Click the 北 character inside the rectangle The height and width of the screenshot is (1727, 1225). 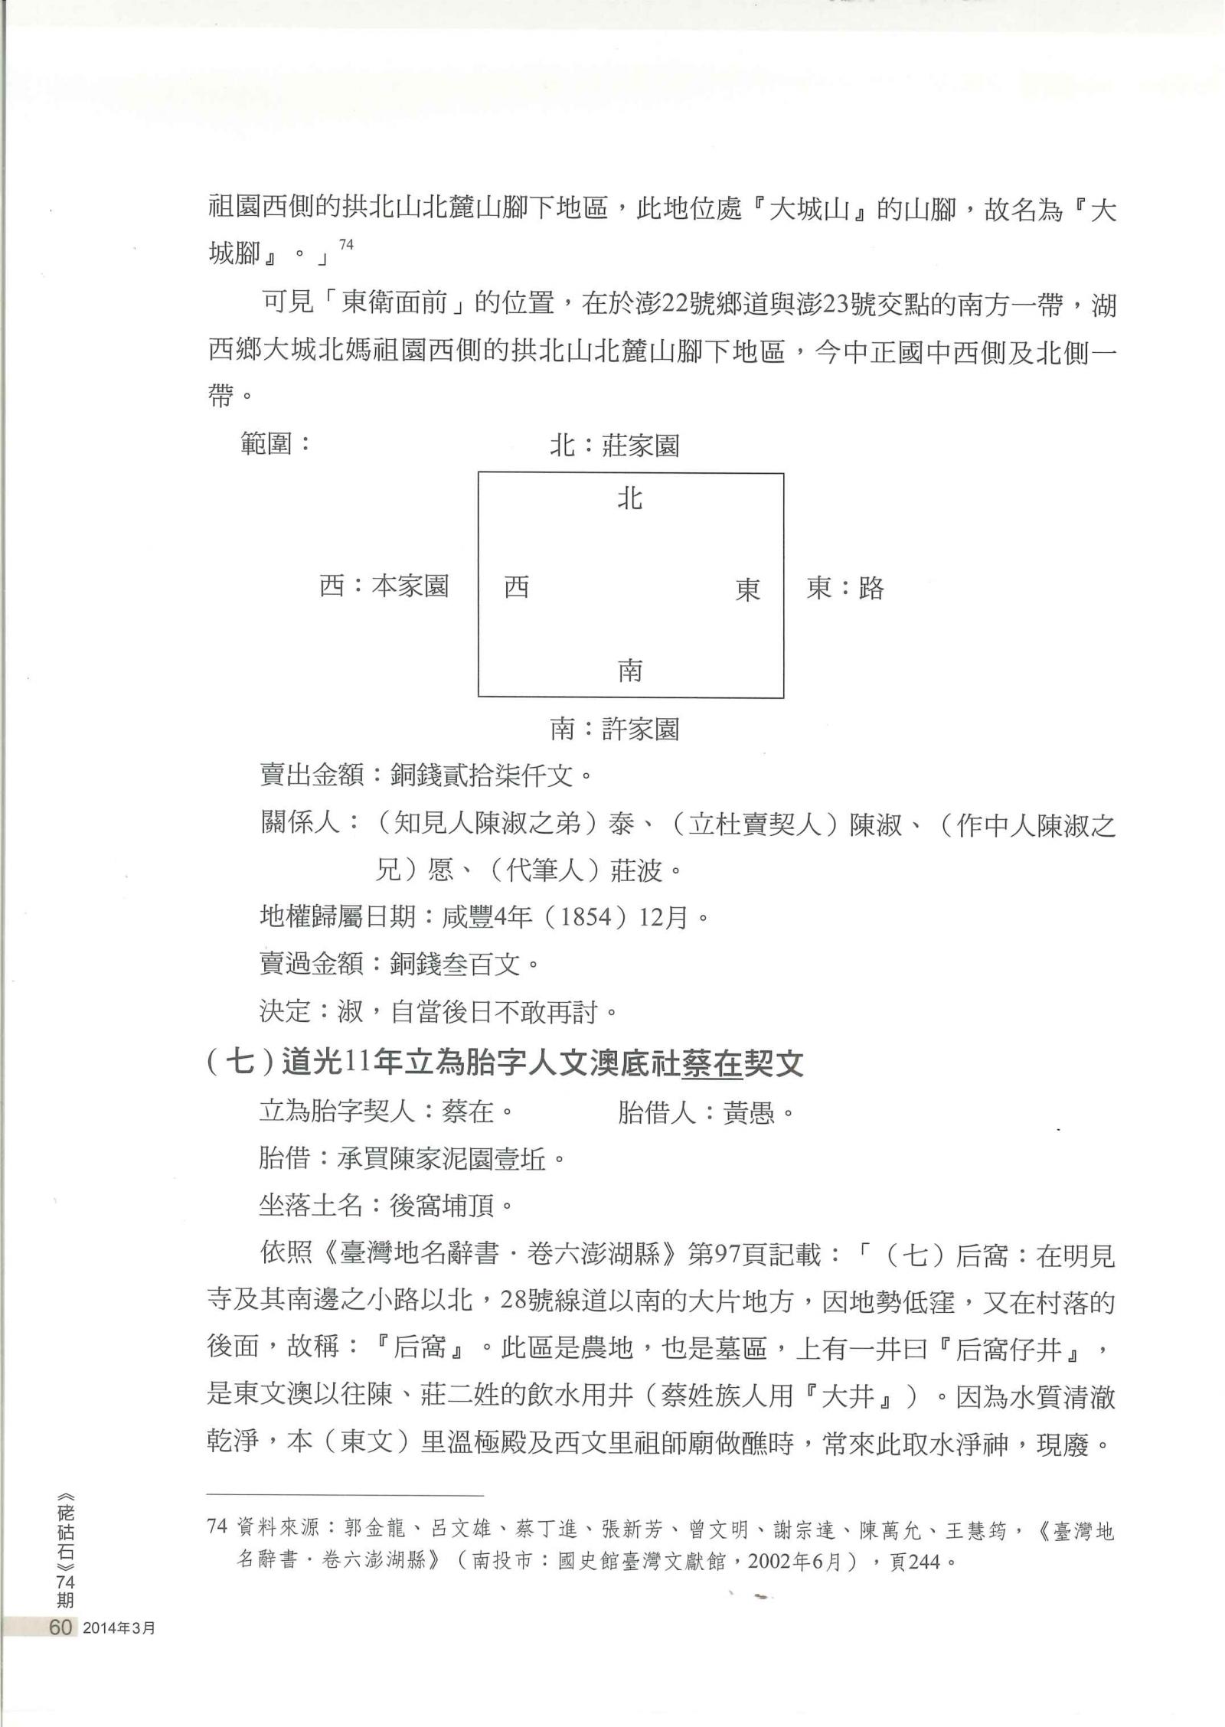click(x=629, y=499)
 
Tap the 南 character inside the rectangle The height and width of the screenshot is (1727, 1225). click(x=629, y=671)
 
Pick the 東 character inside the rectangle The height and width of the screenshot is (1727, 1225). click(x=747, y=589)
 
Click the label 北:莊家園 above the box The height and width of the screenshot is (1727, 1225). click(x=614, y=446)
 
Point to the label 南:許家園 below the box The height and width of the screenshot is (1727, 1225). click(x=614, y=729)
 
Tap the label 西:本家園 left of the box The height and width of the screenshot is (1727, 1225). click(x=384, y=587)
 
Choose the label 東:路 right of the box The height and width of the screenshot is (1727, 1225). click(x=845, y=589)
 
